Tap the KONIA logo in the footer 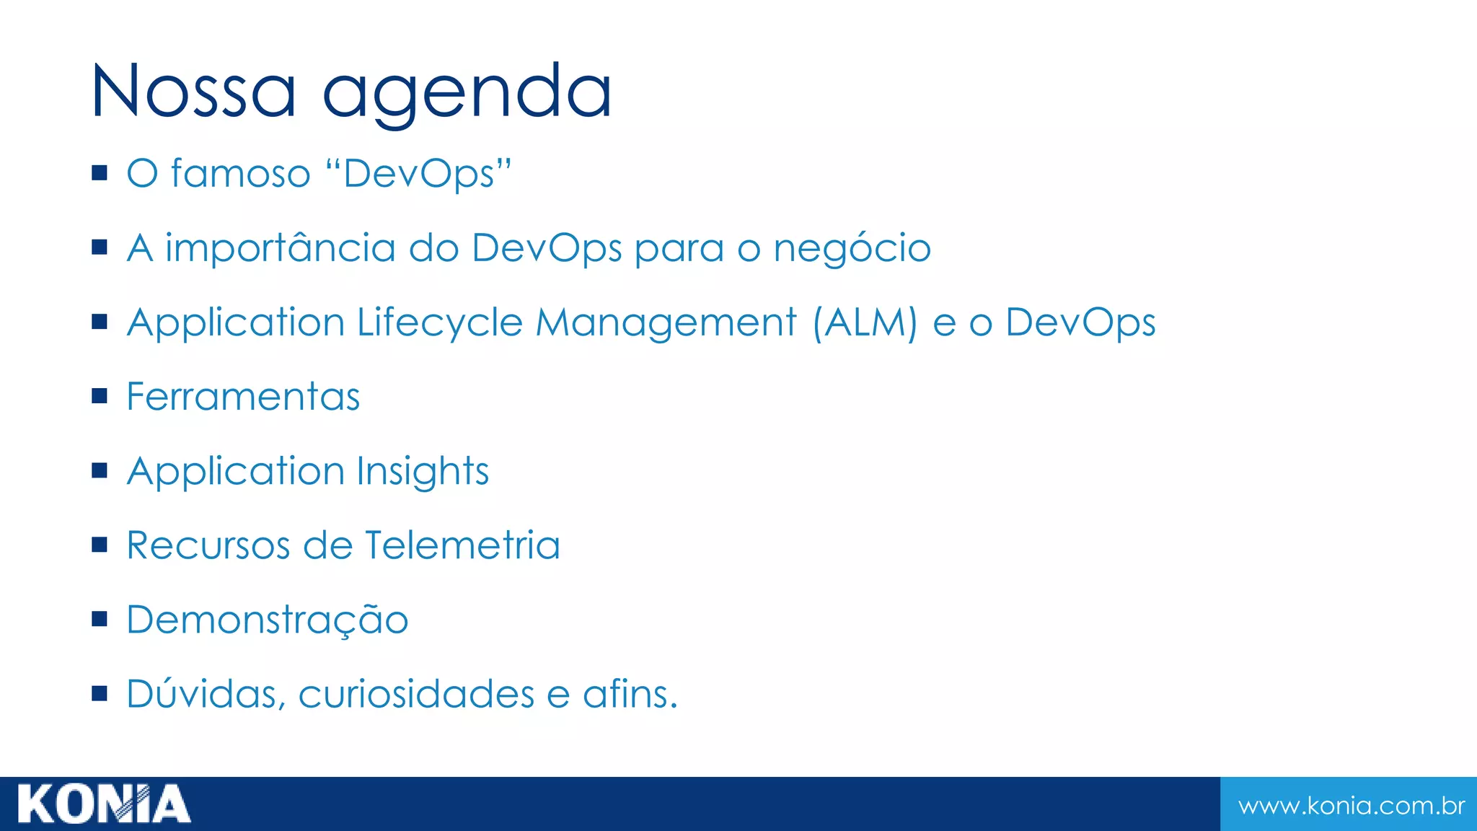pos(104,804)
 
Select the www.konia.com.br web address pos(1351,805)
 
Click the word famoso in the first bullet pos(240,174)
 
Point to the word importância pos(281,248)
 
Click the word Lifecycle pos(439,323)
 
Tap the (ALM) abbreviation pos(864,323)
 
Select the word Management pos(666,323)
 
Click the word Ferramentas pos(243,397)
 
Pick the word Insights pos(423,472)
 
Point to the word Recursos pos(208,545)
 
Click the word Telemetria pos(462,545)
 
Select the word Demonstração pos(268,620)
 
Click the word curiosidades pos(416,694)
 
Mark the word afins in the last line pos(625,694)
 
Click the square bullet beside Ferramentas pos(100,395)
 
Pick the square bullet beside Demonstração pos(100,618)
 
